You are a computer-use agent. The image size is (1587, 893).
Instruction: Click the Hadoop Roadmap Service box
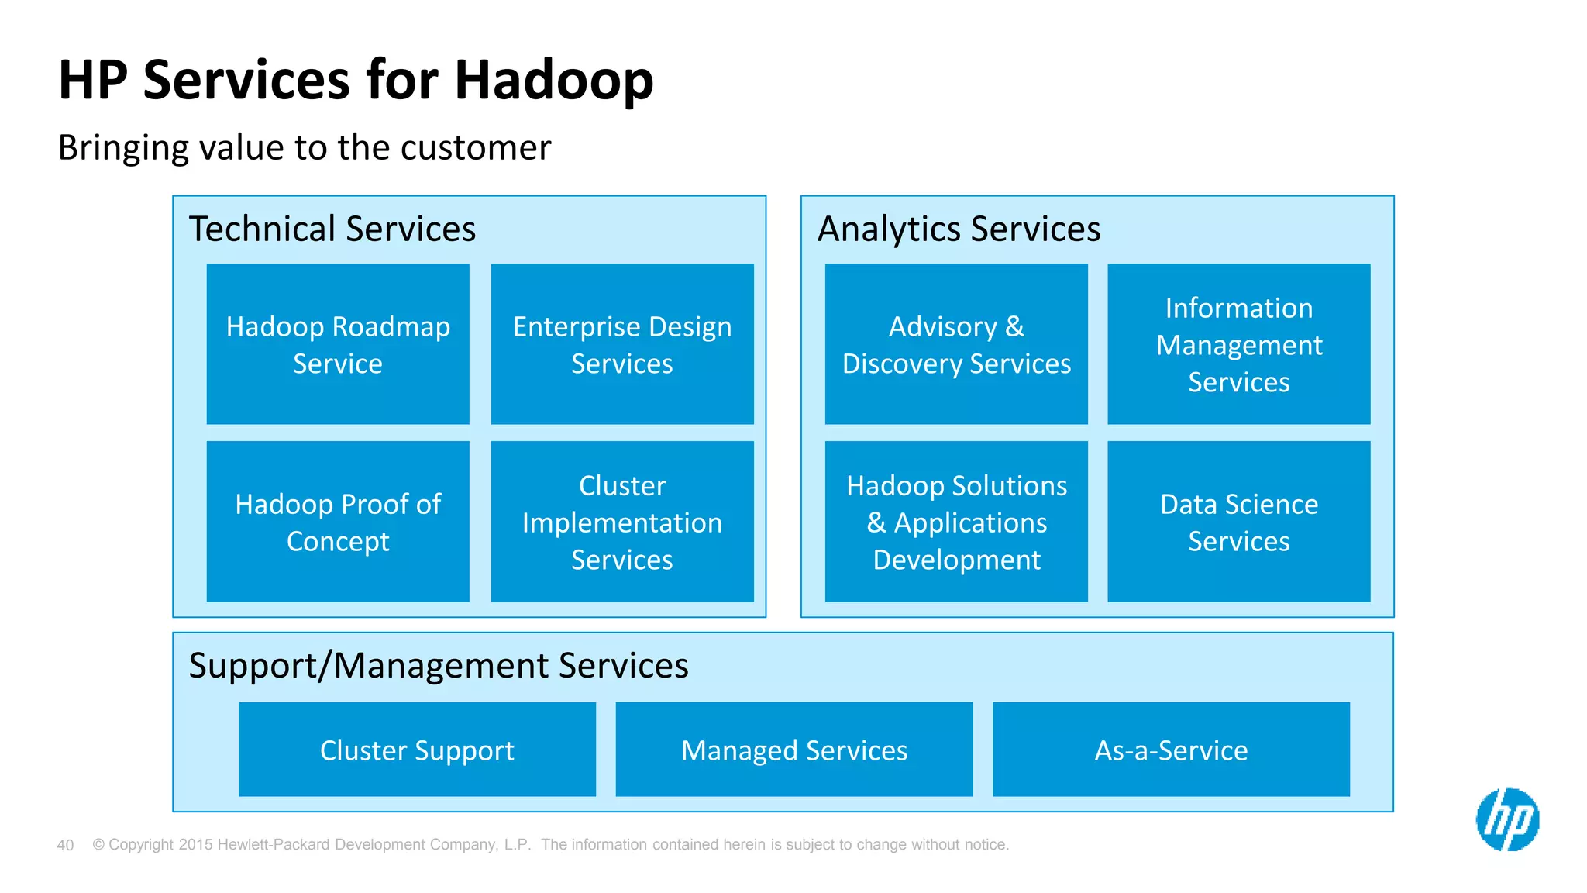pos(338,344)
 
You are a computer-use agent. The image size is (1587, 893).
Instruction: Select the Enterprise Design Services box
pos(622,344)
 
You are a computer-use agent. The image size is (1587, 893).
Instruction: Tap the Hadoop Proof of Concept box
pos(338,522)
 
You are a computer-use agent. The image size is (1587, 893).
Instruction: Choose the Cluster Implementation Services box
pos(622,522)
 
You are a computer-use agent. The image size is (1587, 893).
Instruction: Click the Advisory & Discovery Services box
pos(956,344)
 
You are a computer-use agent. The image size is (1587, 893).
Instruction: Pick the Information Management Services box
pos(1238,344)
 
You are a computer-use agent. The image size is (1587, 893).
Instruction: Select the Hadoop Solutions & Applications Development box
pos(956,522)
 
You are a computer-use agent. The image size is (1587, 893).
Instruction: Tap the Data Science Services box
pos(1238,522)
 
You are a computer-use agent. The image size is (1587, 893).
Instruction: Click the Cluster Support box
pos(417,750)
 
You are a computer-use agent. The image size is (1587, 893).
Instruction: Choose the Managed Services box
pos(793,750)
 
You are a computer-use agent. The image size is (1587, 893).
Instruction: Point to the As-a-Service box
pos(1171,750)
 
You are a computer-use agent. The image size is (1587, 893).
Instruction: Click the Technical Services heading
pos(332,229)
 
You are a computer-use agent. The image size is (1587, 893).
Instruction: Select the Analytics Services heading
pos(959,229)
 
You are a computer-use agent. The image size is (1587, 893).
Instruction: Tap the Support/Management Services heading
pos(439,666)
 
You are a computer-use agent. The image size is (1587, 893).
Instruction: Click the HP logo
pos(1507,819)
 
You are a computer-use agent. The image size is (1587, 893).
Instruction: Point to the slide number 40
pos(65,845)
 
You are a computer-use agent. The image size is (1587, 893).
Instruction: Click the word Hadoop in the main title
pos(553,81)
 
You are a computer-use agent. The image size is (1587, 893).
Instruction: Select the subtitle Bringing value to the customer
pos(305,147)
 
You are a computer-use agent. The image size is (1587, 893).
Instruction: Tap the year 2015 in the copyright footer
pos(195,845)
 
